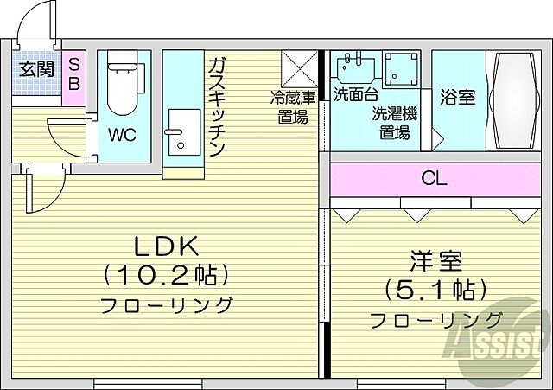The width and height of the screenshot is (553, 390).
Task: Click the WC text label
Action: point(120,135)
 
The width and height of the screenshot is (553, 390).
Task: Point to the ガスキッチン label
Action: point(216,105)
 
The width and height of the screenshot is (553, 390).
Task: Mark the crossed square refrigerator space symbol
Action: point(299,67)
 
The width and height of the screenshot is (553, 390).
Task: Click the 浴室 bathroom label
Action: point(458,98)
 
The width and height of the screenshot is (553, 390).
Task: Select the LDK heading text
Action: point(165,246)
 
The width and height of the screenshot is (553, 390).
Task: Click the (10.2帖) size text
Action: point(166,276)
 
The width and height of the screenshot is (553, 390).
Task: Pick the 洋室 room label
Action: point(436,260)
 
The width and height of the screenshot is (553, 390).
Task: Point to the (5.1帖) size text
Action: point(436,290)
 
